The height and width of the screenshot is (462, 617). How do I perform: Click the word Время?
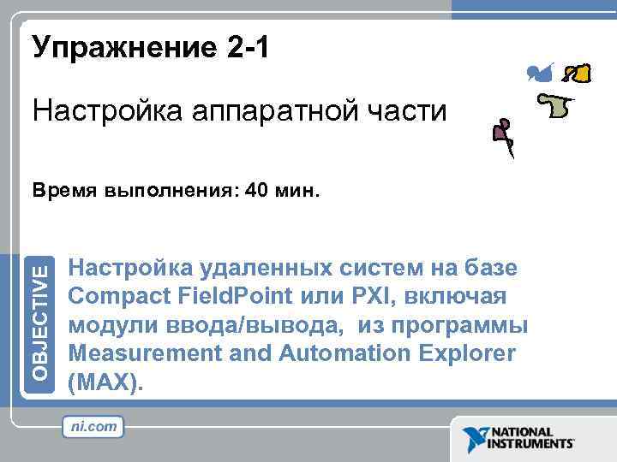coord(61,191)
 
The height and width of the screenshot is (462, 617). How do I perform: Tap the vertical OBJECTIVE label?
coord(42,322)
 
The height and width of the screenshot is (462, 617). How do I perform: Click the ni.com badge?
coord(93,426)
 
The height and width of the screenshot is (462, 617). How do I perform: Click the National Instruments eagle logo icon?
coord(474,438)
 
